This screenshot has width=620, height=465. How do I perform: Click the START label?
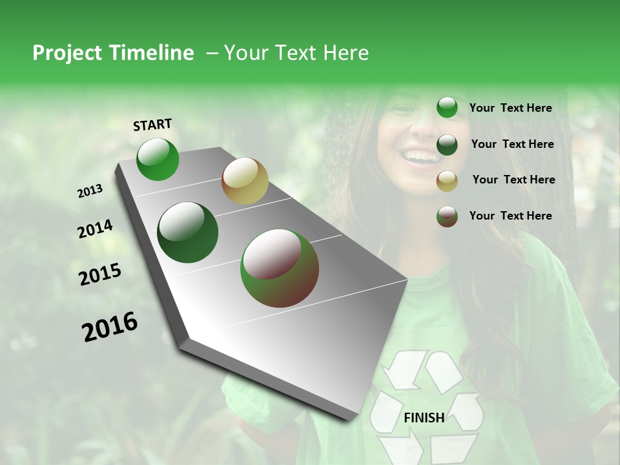pos(152,125)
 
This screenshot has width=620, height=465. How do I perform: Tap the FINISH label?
pos(424,417)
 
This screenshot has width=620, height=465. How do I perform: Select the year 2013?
pos(90,191)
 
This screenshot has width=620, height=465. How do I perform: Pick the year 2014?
pos(95,229)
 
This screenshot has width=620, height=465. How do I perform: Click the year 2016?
pos(110,327)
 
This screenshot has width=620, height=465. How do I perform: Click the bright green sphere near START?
pos(158,160)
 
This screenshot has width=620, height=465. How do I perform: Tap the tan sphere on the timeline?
pos(245,181)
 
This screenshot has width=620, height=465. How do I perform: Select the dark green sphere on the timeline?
pos(188,232)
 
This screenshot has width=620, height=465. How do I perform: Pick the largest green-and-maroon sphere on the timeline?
pos(279,267)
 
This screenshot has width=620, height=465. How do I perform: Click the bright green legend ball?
pos(447,108)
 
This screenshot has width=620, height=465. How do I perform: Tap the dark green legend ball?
pos(447,145)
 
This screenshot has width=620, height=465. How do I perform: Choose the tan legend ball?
pos(447,181)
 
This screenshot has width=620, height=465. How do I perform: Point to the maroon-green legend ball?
pos(447,216)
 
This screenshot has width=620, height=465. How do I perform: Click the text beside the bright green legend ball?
pos(510,108)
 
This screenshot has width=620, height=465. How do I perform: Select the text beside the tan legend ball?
pos(513,180)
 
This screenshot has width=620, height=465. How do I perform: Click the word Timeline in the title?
pos(152,53)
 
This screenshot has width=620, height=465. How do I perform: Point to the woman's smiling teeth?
pos(420,155)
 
